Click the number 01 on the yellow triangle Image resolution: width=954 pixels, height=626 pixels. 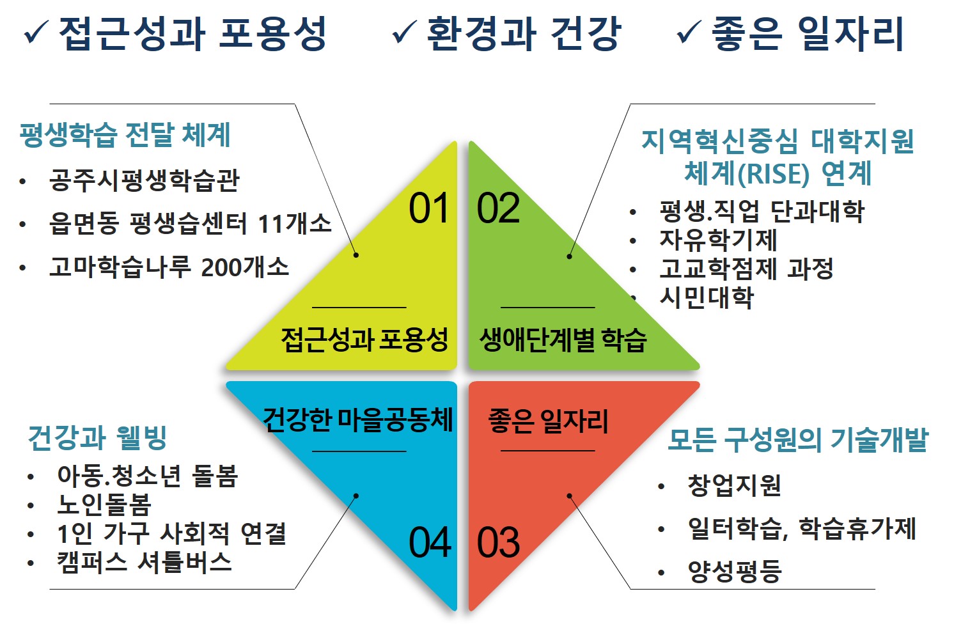(x=429, y=208)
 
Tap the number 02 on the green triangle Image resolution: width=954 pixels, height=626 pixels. (x=498, y=208)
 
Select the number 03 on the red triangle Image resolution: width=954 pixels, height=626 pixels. (x=498, y=543)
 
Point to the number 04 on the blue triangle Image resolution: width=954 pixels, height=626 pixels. (x=430, y=543)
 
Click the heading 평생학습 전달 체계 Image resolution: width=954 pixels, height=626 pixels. (x=125, y=135)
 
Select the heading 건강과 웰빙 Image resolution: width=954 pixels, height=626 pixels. (x=97, y=438)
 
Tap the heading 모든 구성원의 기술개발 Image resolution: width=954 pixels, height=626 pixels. (x=797, y=440)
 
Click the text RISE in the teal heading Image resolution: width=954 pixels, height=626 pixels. (x=772, y=174)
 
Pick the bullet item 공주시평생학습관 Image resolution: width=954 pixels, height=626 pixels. (x=144, y=181)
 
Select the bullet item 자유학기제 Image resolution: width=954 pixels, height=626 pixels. (x=718, y=240)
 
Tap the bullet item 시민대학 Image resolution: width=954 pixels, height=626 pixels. (x=707, y=297)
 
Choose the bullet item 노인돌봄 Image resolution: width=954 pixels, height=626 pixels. (x=104, y=505)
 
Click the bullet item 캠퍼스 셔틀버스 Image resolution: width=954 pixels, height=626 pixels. (x=144, y=562)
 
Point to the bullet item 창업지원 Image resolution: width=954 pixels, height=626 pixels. (x=734, y=485)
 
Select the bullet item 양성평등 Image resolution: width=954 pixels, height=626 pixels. (x=734, y=571)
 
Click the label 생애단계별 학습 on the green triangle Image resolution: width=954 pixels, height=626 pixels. (x=563, y=340)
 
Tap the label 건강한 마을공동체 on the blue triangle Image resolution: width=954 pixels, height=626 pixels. (x=358, y=420)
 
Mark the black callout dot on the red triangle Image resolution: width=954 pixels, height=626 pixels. (x=569, y=496)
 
